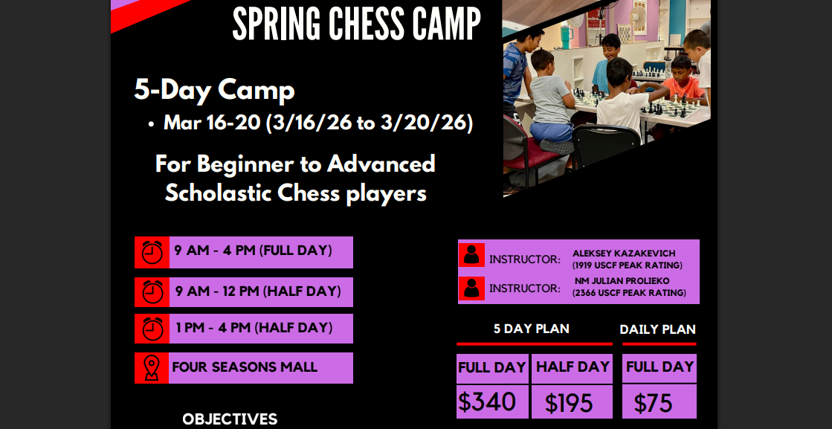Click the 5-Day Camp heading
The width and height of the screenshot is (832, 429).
tap(214, 90)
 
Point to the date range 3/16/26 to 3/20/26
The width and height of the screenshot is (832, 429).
tap(369, 123)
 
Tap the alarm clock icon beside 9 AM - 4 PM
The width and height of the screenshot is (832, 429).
tap(152, 252)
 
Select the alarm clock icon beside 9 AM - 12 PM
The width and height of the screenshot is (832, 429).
tap(152, 291)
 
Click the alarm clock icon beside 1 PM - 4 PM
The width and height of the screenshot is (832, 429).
tap(152, 329)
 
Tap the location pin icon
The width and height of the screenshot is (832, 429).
tap(152, 368)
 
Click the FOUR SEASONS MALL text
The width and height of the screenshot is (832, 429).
tap(245, 367)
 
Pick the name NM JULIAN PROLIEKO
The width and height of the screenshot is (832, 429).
tap(622, 280)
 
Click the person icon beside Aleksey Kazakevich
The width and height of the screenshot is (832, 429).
tap(471, 255)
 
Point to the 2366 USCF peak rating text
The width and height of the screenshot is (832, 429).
tap(629, 293)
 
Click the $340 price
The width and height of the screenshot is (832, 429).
tap(486, 401)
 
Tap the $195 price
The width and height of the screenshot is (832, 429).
tap(569, 404)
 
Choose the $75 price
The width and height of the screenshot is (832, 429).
tap(654, 404)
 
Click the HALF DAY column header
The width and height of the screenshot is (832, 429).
tap(573, 367)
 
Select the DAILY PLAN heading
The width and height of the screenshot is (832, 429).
tap(657, 329)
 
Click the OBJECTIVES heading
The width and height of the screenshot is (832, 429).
tap(230, 419)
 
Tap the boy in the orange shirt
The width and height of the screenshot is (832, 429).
tap(683, 80)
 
